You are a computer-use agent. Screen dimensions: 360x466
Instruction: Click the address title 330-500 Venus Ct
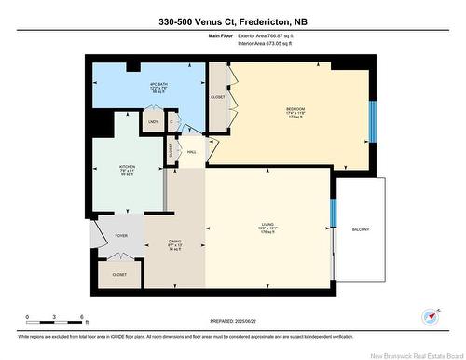tap(233, 21)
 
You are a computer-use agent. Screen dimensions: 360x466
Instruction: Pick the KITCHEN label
tap(128, 170)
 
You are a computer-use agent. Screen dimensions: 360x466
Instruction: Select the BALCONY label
tap(360, 228)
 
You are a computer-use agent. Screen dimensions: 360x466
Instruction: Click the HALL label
tap(191, 151)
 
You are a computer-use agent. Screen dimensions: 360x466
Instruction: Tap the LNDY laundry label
tap(152, 121)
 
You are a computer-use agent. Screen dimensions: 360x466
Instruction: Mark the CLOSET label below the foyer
tap(119, 275)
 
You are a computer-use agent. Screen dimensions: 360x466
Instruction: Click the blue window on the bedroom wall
tap(372, 116)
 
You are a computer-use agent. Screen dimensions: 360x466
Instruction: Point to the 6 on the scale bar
tap(83, 318)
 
